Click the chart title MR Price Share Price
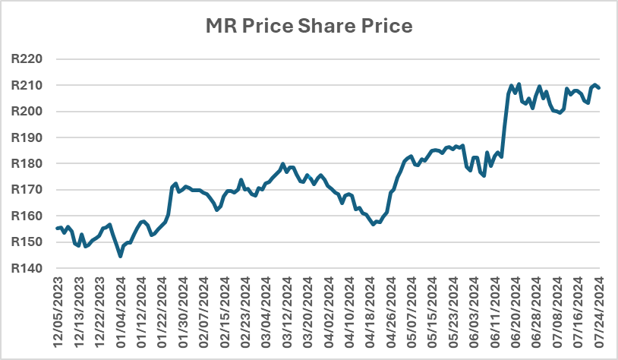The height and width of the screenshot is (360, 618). pos(309,27)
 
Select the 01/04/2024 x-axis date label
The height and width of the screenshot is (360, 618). pos(121,308)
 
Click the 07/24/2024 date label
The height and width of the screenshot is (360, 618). pos(597,308)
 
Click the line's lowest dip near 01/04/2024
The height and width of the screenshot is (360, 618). pos(121,257)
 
